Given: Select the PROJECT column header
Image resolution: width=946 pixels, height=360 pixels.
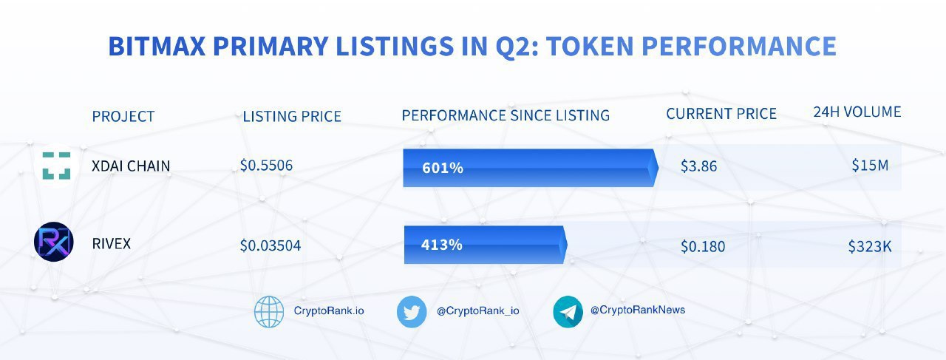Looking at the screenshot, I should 123,116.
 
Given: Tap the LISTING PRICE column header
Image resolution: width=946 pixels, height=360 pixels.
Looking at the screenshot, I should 292,116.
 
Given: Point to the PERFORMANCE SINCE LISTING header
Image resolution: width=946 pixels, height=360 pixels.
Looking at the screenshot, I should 506,115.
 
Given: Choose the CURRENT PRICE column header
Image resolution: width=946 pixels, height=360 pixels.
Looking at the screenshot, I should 721,114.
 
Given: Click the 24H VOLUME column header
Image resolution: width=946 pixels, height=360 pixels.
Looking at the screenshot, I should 857,112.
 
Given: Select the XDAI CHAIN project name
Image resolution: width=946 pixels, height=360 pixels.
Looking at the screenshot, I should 131,166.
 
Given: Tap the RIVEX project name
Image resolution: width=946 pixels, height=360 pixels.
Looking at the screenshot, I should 111,243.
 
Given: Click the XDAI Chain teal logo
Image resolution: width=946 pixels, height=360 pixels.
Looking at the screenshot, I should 56,166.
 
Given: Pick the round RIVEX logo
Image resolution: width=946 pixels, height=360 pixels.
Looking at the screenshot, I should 54,242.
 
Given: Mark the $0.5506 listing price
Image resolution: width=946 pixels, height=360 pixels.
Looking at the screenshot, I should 266,166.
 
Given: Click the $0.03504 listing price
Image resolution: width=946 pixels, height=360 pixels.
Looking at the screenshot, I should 270,245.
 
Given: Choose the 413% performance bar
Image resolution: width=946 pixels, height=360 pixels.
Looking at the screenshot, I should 485,245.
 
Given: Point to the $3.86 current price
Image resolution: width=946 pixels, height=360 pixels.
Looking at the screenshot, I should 698,166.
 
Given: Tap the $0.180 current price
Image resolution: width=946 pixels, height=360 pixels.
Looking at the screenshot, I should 703,246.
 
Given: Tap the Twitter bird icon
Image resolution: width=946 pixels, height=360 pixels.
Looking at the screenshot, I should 412,311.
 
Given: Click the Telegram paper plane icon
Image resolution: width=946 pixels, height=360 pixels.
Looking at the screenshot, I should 568,311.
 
